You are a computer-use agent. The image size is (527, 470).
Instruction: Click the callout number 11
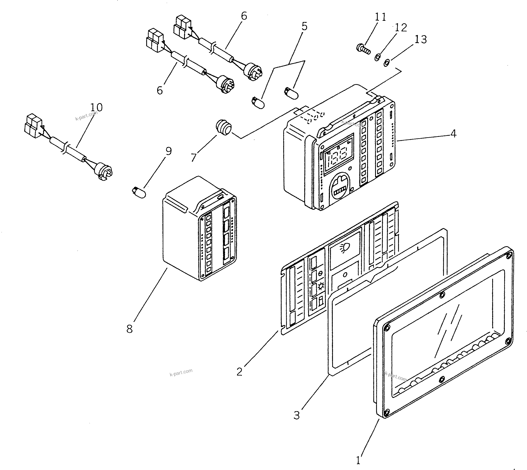[380, 17]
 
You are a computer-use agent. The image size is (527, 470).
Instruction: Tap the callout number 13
[421, 40]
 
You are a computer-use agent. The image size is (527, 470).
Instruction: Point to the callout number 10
[96, 107]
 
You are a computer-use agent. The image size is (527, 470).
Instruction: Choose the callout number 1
[358, 460]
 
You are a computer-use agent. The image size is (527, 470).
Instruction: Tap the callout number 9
[168, 151]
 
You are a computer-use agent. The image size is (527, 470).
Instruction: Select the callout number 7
[194, 157]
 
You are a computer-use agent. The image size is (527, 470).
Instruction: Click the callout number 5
[304, 26]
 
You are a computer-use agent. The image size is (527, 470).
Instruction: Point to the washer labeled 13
[386, 63]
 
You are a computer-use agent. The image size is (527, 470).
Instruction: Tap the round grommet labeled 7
[223, 127]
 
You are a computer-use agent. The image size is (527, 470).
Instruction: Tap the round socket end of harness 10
[104, 171]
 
